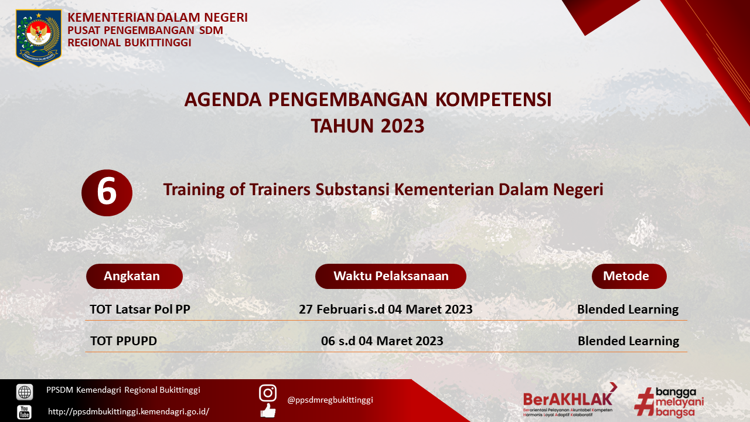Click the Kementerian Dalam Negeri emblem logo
tap(39, 38)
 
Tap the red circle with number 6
tap(107, 193)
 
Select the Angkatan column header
tap(134, 276)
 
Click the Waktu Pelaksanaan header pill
tap(391, 276)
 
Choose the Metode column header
tap(629, 276)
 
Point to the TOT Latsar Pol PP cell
tap(140, 309)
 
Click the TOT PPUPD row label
tap(124, 341)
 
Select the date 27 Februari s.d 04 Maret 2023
tap(386, 309)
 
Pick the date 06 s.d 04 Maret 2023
tap(382, 341)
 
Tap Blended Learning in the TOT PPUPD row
tap(629, 341)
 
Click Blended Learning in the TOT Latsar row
tap(628, 309)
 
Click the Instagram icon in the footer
tap(268, 393)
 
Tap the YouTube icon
tap(25, 412)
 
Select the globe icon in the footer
tap(25, 392)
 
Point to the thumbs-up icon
tap(268, 411)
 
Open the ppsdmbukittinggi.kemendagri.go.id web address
tap(128, 411)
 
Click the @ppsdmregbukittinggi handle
tap(330, 400)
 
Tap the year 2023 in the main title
tap(403, 126)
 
